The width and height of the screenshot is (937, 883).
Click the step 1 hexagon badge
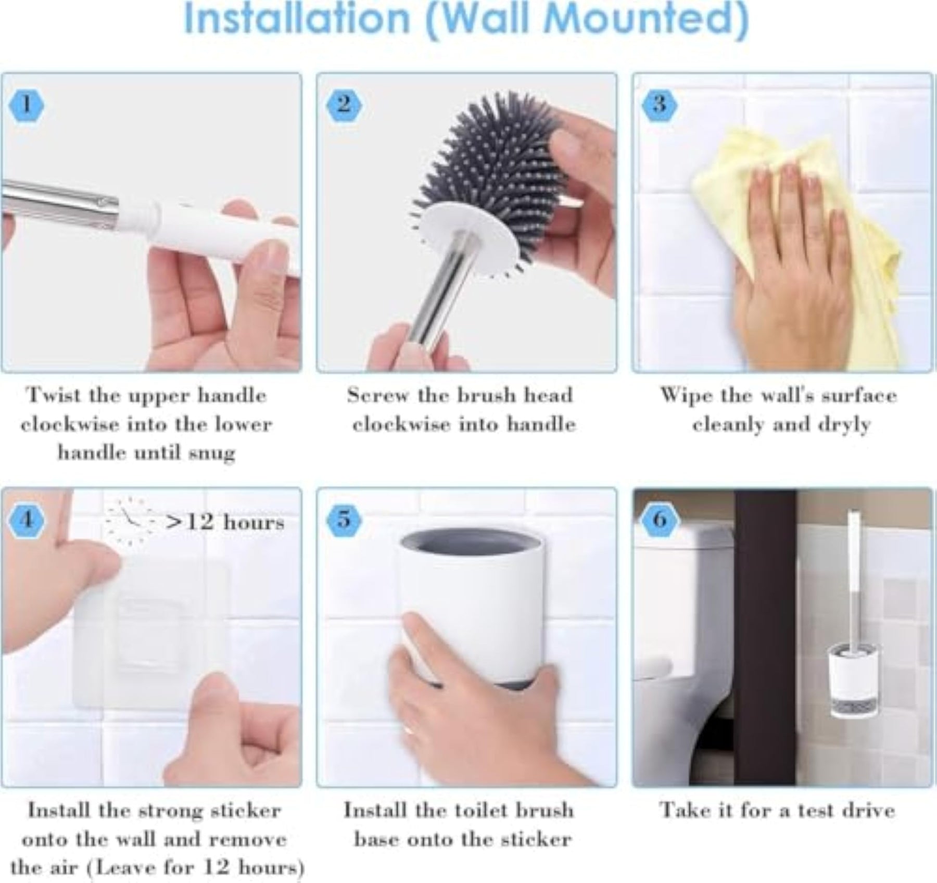[26, 106]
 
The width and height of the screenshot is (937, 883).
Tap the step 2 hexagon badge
[344, 106]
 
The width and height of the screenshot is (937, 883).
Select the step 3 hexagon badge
[660, 106]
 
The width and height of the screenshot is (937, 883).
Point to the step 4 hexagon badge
[26, 520]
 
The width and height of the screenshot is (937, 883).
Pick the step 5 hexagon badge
[344, 520]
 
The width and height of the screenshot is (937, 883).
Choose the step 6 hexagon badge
[660, 520]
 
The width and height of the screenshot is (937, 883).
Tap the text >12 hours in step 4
[225, 522]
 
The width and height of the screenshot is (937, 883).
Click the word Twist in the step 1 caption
[55, 395]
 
